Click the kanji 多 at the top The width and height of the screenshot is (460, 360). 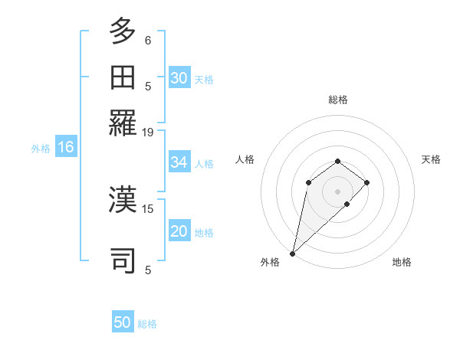123,33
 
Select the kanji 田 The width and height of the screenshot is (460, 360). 123,78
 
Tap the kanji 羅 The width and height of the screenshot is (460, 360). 123,123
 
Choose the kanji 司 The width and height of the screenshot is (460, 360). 123,260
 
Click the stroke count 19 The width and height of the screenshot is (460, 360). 148,132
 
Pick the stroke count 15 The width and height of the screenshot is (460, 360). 148,208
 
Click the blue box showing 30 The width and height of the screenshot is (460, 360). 179,78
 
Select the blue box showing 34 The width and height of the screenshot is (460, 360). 179,162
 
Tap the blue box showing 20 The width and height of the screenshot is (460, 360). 179,232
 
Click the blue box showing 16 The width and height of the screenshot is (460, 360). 66,148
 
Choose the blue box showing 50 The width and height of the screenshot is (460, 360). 123,322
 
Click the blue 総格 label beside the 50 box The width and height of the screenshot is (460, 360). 147,324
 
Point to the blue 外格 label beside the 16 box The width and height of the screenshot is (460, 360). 41,149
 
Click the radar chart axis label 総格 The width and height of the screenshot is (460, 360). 338,100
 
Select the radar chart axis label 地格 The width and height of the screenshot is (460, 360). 402,263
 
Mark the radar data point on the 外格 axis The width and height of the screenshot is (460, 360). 293,254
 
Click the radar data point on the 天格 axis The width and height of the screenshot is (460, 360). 367,182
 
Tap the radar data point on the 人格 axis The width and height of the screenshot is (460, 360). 308,182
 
